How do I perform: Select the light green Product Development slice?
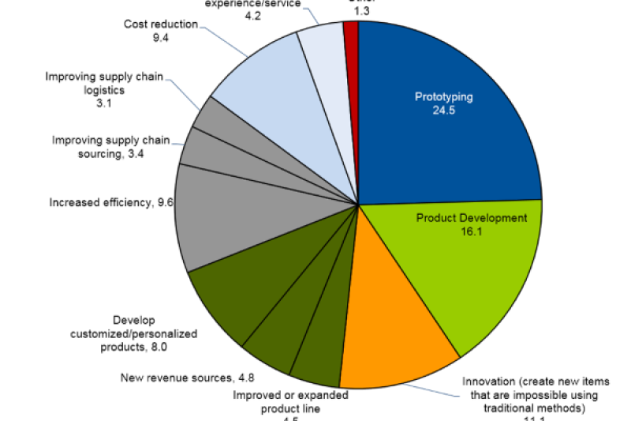[465, 269]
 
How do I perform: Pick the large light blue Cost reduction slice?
[260, 87]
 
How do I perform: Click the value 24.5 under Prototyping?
[444, 111]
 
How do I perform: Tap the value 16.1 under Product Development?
[471, 233]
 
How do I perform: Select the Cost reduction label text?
[160, 24]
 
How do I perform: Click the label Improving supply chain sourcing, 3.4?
[110, 147]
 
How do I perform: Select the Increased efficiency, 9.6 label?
[111, 202]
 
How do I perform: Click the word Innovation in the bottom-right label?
[487, 381]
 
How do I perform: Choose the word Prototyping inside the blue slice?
[444, 97]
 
